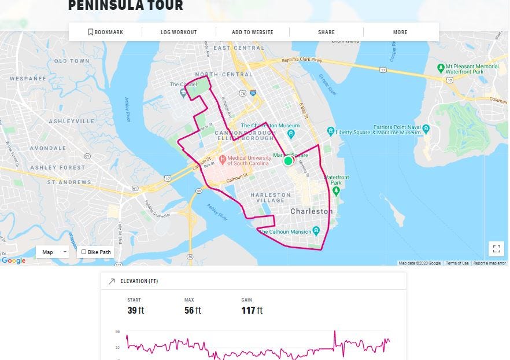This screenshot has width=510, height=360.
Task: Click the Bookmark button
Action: tap(105, 32)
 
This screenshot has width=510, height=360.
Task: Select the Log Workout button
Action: tap(179, 32)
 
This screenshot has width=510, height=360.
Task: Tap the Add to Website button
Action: tap(253, 32)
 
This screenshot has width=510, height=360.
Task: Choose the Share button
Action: tap(326, 32)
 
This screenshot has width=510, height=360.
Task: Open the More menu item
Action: tap(400, 32)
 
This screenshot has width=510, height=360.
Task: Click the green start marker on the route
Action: tap(289, 160)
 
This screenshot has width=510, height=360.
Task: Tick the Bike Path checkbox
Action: tap(84, 252)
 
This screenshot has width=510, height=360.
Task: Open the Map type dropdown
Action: tap(53, 252)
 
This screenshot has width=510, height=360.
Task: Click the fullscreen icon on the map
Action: tap(496, 249)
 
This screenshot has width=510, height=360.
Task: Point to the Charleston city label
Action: tap(311, 212)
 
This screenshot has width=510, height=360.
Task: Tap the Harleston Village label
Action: tap(271, 197)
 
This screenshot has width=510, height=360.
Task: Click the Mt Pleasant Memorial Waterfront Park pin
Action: tap(441, 67)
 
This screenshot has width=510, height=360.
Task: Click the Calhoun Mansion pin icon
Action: tap(316, 232)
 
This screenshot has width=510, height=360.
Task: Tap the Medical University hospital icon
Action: tap(222, 159)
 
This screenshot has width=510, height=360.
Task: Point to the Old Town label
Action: tap(72, 61)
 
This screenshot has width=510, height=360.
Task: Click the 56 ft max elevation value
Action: tap(192, 311)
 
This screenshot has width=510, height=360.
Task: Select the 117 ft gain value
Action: tap(252, 311)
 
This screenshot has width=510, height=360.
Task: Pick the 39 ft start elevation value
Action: tap(135, 311)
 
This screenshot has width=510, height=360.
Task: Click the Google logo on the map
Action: tap(14, 260)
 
